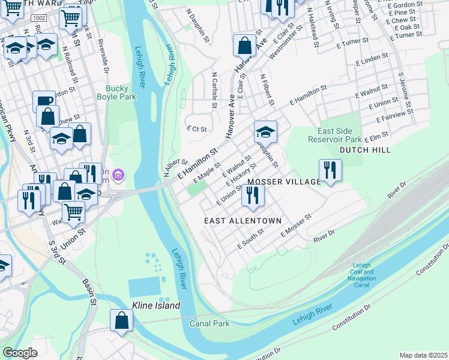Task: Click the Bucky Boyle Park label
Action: (x=116, y=92)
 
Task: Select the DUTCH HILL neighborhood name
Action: (x=365, y=150)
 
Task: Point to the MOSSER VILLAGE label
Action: (x=285, y=182)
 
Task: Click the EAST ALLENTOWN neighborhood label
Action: (x=243, y=221)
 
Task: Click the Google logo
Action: (x=20, y=352)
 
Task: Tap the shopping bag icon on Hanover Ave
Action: (x=245, y=45)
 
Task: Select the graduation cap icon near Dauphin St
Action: (x=265, y=131)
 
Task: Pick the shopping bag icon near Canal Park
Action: (x=121, y=320)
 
